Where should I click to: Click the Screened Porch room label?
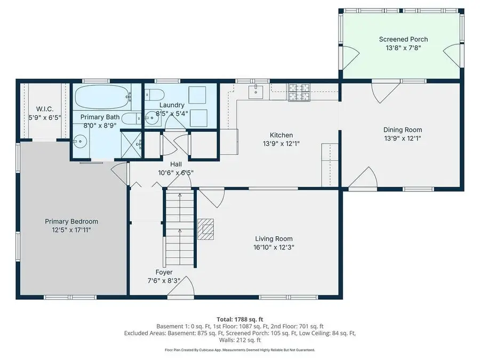403,39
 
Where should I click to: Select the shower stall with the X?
131,144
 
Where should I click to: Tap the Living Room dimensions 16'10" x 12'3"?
274,247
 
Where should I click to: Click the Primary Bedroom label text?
71,221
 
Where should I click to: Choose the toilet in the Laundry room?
155,95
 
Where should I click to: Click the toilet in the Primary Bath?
130,117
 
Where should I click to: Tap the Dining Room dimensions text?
403,138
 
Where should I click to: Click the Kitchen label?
281,135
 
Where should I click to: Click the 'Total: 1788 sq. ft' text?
239,318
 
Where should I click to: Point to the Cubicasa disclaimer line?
239,350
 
